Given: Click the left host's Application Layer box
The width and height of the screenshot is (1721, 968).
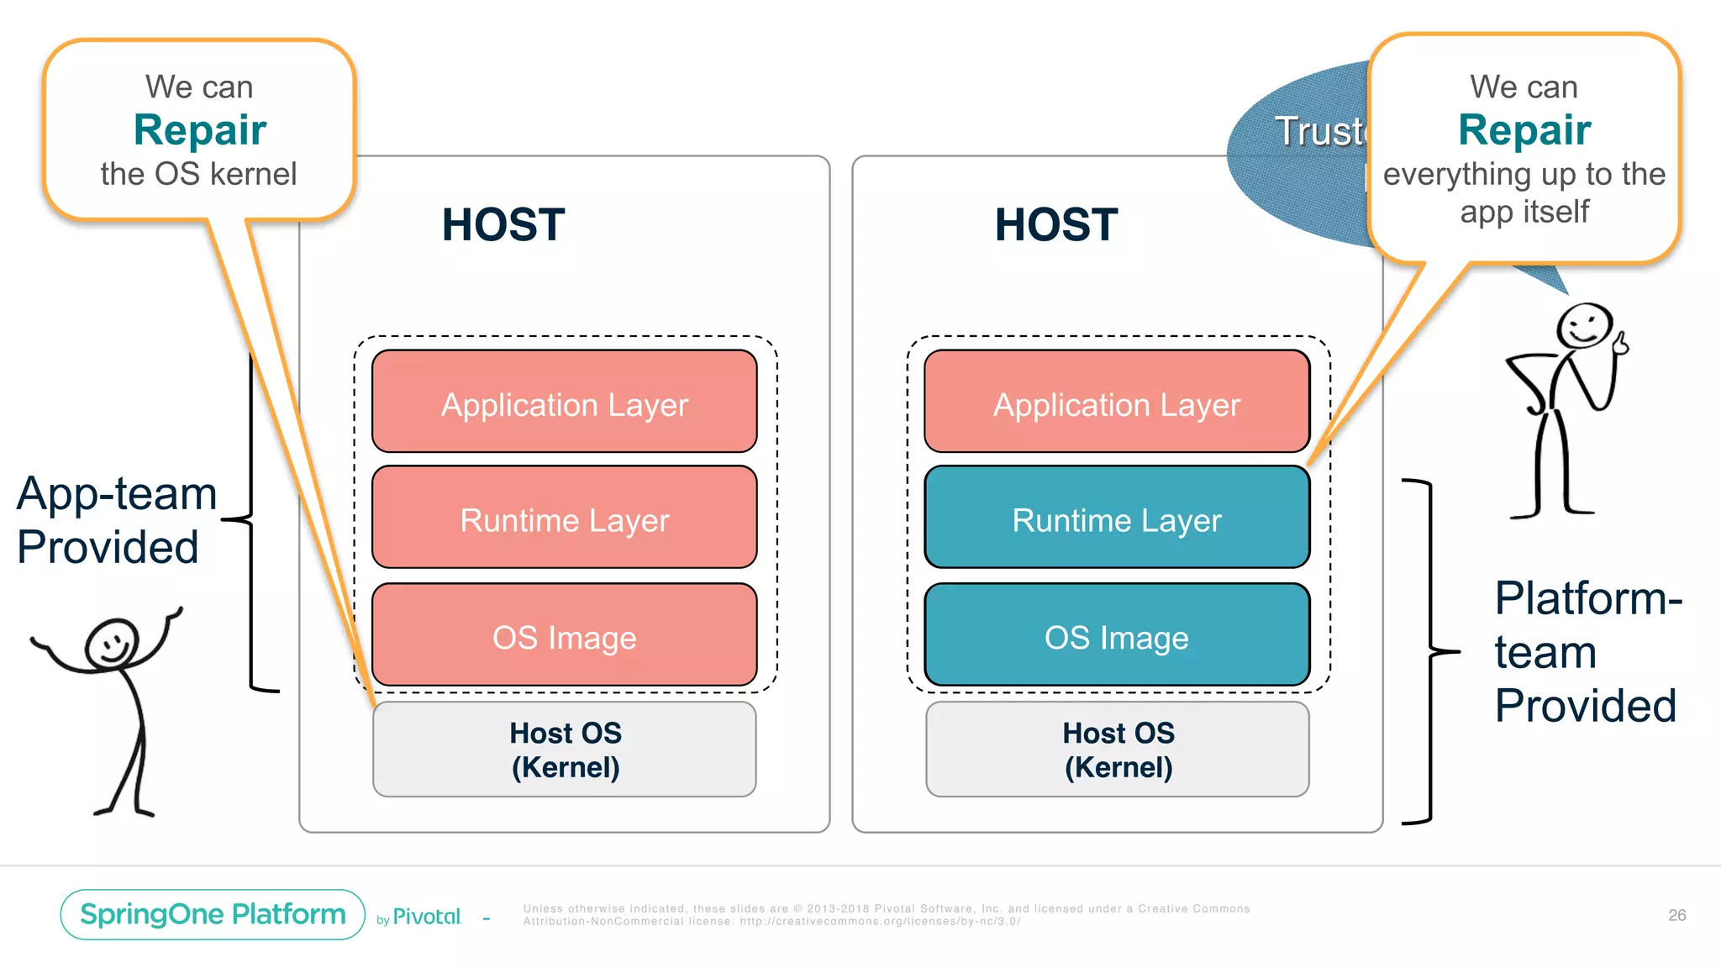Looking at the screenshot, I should click(564, 402).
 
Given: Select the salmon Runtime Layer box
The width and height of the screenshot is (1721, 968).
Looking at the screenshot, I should click(564, 518).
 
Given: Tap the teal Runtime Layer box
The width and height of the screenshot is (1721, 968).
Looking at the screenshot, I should click(1117, 518).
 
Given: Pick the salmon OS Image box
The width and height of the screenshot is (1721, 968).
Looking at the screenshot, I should click(564, 635).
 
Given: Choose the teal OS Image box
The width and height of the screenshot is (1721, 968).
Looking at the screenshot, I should click(1117, 635).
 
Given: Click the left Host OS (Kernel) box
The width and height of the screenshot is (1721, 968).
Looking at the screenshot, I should click(564, 750).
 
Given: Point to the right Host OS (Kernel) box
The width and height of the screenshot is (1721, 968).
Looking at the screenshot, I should click(1117, 750).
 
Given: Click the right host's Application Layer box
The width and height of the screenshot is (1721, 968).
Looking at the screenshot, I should click(1117, 402).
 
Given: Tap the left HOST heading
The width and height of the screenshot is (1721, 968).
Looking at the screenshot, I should click(503, 225).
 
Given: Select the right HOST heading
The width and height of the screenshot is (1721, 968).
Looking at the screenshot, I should click(1056, 225).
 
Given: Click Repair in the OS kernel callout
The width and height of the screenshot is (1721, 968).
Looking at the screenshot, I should click(200, 130).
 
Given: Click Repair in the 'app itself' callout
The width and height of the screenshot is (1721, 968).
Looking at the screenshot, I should click(1524, 130).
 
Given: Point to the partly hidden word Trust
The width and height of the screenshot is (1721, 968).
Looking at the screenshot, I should click(1319, 132).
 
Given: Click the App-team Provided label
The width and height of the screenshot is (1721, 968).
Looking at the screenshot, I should click(116, 519).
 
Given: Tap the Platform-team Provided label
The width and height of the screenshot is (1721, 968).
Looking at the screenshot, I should click(1587, 651).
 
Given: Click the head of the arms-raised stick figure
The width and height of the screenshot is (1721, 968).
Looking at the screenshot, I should click(111, 644).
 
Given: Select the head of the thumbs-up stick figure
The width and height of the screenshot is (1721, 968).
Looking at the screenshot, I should click(1584, 325).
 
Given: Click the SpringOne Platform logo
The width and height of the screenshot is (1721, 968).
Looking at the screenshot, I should click(213, 914).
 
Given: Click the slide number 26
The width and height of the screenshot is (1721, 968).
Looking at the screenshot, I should click(1676, 915).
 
